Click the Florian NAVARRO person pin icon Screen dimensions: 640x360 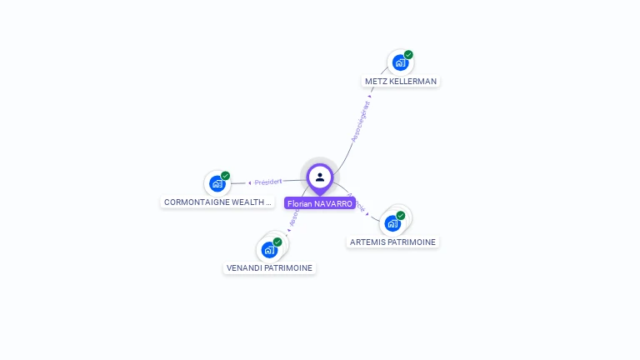(320, 177)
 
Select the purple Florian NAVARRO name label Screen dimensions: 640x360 (320, 203)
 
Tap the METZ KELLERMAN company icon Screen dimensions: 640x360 (400, 62)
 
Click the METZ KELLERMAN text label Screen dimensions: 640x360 (401, 82)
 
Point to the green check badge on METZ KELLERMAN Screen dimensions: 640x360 (408, 55)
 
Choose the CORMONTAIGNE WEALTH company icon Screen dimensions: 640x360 (217, 183)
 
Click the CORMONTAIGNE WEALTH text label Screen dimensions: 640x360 (217, 202)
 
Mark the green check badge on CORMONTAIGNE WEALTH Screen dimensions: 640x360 (225, 176)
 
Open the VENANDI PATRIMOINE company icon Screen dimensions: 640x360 (269, 249)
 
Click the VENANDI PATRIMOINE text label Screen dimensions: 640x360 (270, 268)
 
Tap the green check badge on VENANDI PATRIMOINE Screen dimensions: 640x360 (277, 242)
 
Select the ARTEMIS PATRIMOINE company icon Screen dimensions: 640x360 (392, 223)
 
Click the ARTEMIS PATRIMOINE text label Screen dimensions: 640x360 (392, 242)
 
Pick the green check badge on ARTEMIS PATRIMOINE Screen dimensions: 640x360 (401, 216)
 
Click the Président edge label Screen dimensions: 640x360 (268, 182)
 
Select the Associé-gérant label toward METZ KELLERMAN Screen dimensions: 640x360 (361, 122)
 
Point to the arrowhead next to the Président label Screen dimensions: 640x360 (249, 182)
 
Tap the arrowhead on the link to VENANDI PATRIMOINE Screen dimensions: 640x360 (288, 230)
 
